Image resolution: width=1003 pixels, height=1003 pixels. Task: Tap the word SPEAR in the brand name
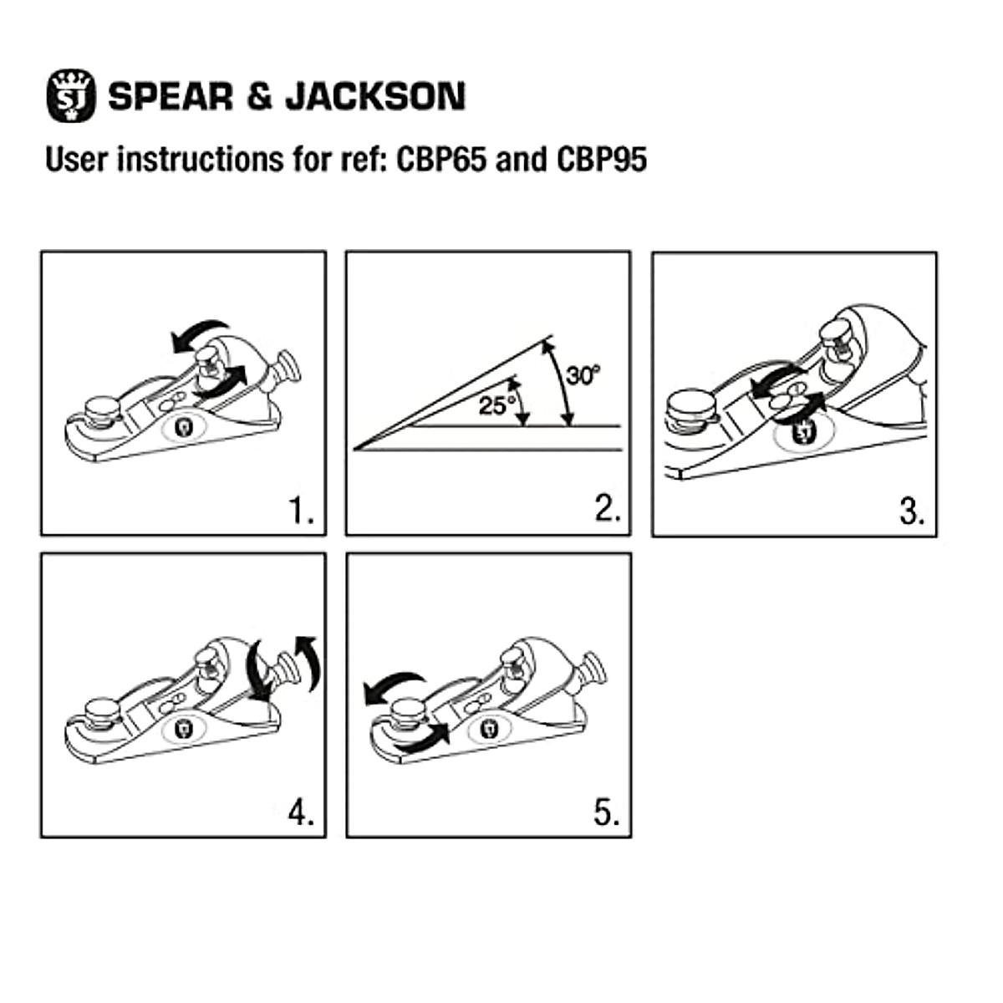click(171, 96)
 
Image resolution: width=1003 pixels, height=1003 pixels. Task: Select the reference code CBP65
click(440, 159)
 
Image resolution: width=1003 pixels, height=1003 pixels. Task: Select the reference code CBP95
click(602, 159)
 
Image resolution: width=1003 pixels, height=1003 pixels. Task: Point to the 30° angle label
click(583, 375)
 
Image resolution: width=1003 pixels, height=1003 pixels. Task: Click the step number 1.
click(301, 510)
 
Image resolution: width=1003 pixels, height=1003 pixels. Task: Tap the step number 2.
click(607, 509)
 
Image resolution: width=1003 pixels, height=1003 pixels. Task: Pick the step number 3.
click(912, 510)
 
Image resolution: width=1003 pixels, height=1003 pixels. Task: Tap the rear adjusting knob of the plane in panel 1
click(286, 368)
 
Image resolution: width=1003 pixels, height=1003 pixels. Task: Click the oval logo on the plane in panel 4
click(183, 729)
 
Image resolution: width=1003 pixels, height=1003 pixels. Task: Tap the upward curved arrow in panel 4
click(309, 660)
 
